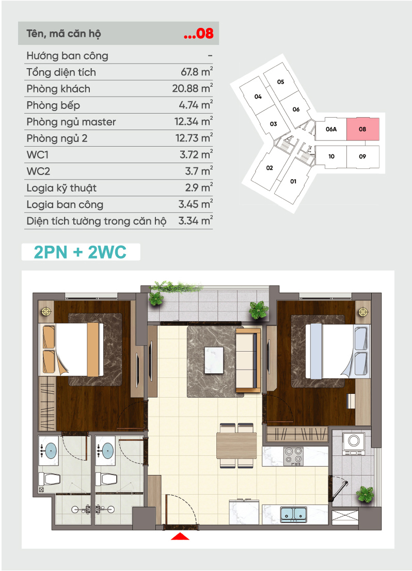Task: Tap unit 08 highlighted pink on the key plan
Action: (x=363, y=129)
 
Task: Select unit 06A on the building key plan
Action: (x=331, y=129)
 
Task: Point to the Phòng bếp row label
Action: (x=53, y=105)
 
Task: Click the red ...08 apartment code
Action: (x=199, y=34)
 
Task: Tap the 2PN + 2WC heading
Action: (x=80, y=252)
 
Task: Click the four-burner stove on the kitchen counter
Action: (x=294, y=456)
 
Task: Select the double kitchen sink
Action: (x=294, y=514)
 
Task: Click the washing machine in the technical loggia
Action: (x=353, y=443)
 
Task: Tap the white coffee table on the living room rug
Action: (x=214, y=360)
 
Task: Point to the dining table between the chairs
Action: (x=236, y=446)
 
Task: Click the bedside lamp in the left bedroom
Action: (x=46, y=311)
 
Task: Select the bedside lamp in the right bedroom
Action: (x=363, y=312)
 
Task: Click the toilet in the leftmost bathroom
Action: (x=49, y=479)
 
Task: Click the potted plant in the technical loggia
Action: (x=365, y=495)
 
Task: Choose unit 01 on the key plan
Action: (x=293, y=181)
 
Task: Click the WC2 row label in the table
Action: (x=38, y=171)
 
